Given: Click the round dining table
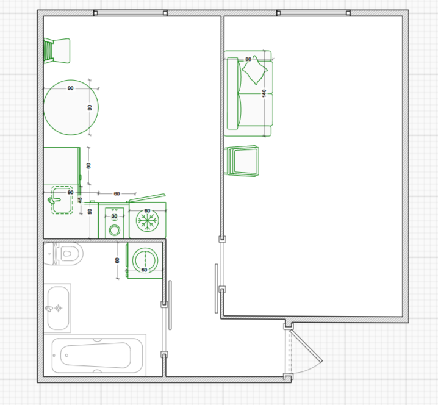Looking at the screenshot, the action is tap(71, 107).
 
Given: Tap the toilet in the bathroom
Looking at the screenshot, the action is tap(63, 254).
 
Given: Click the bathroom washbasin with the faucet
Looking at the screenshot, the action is tap(57, 308).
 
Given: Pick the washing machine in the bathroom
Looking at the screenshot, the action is tap(145, 260).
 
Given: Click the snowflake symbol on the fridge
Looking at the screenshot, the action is tap(148, 221).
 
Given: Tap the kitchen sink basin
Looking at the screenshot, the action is tap(62, 200).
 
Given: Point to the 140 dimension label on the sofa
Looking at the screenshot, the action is tap(264, 93).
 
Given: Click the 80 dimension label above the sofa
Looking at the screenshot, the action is tap(248, 59).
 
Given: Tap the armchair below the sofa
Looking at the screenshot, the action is tap(242, 161).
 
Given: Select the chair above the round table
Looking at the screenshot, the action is tap(57, 51).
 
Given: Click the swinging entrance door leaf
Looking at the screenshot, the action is tap(306, 346).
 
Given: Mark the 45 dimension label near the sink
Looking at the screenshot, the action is tap(80, 200).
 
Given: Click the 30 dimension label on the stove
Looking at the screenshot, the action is tap(114, 216).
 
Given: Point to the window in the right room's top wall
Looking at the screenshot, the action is tap(313, 13).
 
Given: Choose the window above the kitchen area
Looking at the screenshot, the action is tap(130, 13).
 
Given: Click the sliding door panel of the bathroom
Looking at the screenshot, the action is tap(170, 305).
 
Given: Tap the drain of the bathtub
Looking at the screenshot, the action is tap(66, 356).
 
